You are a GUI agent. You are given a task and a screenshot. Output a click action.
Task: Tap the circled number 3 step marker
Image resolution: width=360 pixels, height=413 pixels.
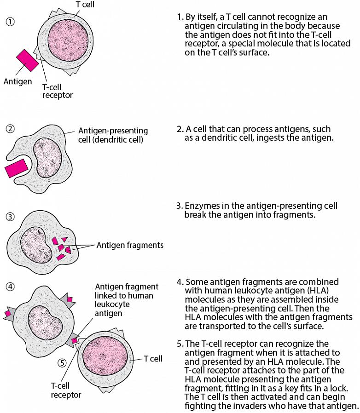point(10,216)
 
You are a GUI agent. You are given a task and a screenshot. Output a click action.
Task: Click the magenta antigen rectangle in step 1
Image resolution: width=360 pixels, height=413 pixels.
point(27,60)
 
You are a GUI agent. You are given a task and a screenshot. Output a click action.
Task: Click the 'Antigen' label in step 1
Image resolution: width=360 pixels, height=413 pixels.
point(18,82)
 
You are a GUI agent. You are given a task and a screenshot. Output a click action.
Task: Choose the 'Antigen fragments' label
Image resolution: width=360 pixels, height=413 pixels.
point(130,245)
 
